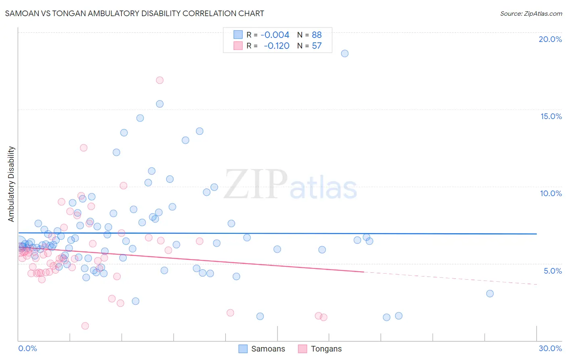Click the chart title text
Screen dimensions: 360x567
coord(135,13)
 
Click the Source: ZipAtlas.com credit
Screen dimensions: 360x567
coord(531,14)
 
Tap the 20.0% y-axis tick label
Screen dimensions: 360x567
coord(550,39)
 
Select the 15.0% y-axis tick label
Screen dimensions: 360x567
coord(551,116)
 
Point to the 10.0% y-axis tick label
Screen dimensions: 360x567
coord(551,193)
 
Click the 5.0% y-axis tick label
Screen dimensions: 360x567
coord(552,271)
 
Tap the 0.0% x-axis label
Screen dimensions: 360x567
coord(27,348)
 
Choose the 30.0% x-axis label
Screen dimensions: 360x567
coord(550,348)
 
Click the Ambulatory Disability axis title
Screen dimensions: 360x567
coord(11,184)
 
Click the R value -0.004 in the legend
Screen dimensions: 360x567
coord(275,35)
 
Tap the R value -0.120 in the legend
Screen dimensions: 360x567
coord(276,46)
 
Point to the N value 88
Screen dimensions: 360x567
coord(317,35)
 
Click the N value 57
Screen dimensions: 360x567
coord(317,46)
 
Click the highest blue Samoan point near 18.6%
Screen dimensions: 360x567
coord(344,53)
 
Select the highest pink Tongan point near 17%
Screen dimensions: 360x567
coord(160,80)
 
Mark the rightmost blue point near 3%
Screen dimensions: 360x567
coord(490,293)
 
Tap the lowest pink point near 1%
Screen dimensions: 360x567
coord(85,326)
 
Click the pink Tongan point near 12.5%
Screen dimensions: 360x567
coord(83,148)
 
